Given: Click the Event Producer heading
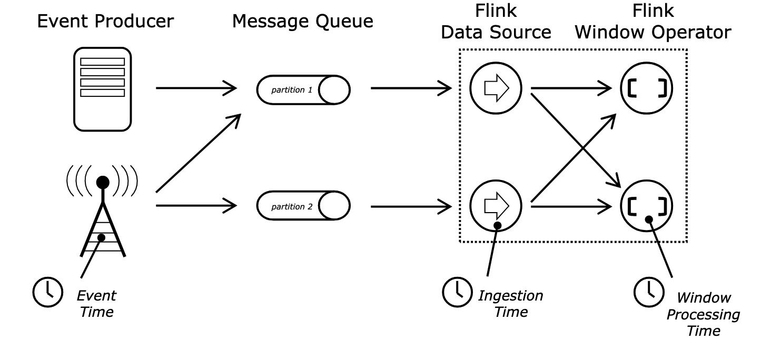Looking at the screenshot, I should click(105, 22).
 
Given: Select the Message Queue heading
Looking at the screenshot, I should click(302, 22).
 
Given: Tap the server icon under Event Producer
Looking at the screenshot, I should click(102, 88).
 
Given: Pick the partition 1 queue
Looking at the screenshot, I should click(303, 89).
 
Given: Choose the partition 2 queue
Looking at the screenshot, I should click(303, 206).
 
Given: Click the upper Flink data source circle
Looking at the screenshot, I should click(496, 88).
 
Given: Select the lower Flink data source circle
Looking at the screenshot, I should click(496, 206).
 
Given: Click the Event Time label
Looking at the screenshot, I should click(97, 304).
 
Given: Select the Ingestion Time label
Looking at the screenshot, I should click(510, 304).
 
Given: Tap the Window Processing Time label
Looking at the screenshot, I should click(703, 314).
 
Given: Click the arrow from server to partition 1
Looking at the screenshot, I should click(196, 88).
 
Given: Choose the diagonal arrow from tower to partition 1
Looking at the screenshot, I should click(199, 153).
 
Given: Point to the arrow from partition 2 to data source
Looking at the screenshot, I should click(411, 206).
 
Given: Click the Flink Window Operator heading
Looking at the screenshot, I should click(653, 22).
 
